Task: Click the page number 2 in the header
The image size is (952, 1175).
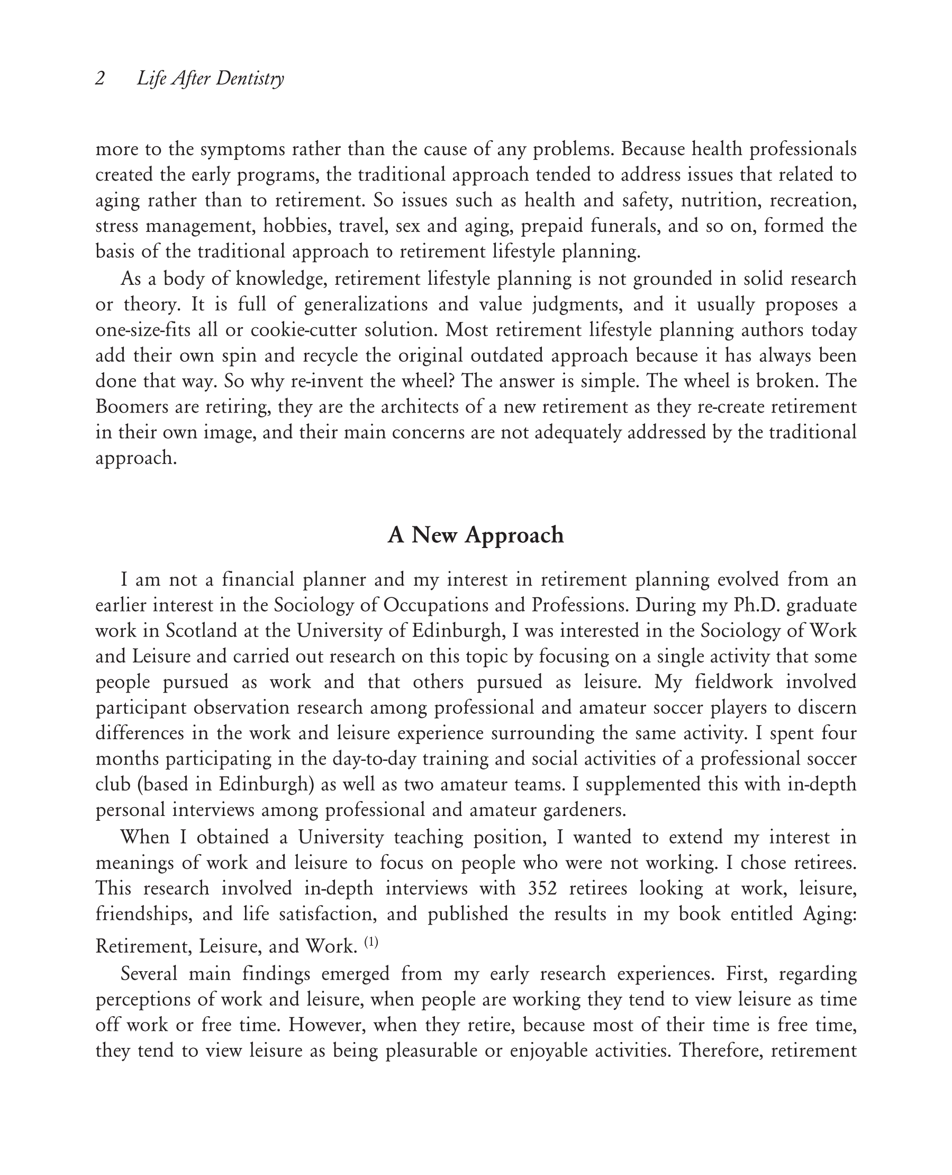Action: click(x=100, y=78)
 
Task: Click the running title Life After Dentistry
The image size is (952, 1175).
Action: click(x=211, y=78)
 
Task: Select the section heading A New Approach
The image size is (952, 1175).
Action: click(x=475, y=534)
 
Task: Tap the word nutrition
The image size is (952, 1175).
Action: click(x=720, y=200)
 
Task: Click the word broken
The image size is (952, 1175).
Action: click(x=786, y=381)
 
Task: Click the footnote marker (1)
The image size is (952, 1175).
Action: click(x=371, y=943)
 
